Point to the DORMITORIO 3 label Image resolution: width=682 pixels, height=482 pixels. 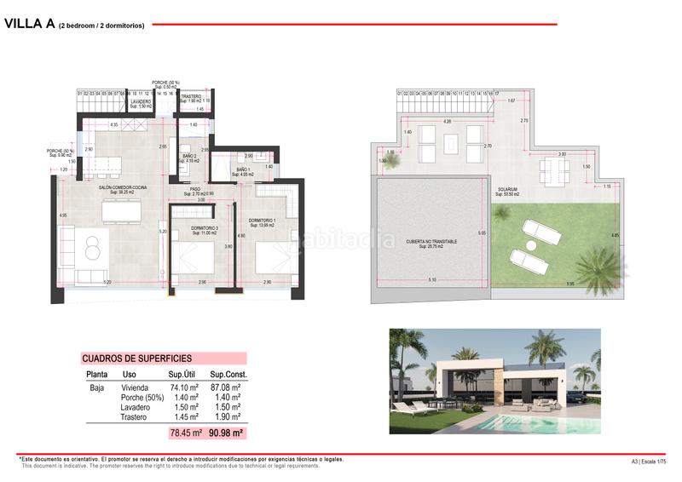coord(202,228)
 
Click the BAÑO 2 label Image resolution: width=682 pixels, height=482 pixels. coord(189,158)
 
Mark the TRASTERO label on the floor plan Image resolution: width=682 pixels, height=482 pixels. coord(192,97)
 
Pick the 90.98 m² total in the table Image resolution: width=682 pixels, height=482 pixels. coord(226,433)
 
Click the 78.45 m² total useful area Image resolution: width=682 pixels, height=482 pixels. coord(185,433)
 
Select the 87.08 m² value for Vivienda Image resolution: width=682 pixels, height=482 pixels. coord(227,387)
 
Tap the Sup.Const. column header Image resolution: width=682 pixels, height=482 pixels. coord(228,375)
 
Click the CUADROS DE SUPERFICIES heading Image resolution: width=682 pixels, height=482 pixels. coord(136,359)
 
